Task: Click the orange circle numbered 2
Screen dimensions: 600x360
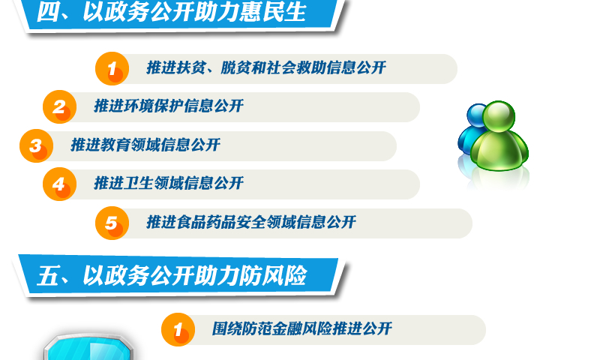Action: click(60, 106)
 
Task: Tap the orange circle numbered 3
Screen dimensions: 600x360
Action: click(36, 145)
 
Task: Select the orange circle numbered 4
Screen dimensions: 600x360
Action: click(60, 184)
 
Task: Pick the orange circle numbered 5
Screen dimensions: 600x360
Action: click(112, 223)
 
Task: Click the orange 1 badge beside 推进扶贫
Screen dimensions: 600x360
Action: click(112, 68)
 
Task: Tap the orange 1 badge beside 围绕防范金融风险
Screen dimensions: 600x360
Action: click(178, 329)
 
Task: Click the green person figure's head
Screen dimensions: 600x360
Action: click(499, 116)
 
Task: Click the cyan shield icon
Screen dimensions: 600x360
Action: click(88, 347)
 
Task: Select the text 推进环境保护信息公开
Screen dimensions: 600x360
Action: click(169, 106)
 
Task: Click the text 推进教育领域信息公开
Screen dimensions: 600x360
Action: click(145, 145)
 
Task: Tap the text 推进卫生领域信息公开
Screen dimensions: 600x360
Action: click(169, 183)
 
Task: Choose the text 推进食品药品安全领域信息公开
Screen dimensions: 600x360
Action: click(251, 222)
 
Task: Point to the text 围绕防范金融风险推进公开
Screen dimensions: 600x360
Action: click(302, 328)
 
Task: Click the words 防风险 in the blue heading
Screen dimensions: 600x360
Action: click(273, 275)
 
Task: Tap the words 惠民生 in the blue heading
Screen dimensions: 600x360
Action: click(273, 11)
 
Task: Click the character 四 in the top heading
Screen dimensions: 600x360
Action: click(47, 12)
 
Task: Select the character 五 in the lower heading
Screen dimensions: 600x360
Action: click(47, 276)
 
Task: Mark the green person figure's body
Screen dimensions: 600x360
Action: click(499, 150)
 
